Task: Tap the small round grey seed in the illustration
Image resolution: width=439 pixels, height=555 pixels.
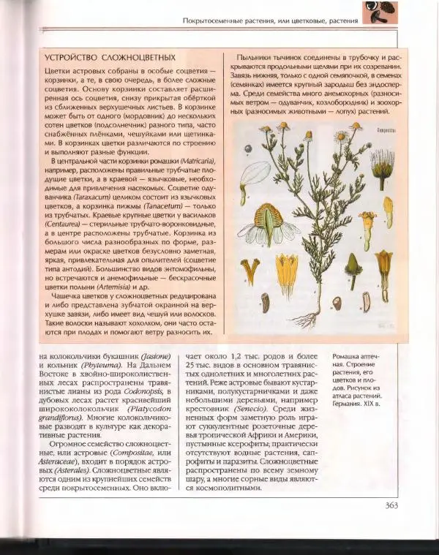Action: point(337,301)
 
